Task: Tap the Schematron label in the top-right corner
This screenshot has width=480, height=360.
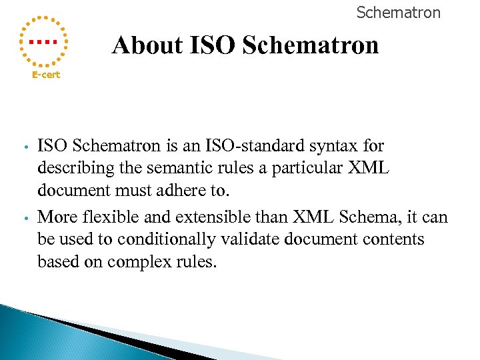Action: point(398,13)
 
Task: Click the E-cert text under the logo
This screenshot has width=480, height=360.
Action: point(46,75)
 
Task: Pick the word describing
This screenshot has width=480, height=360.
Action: point(72,168)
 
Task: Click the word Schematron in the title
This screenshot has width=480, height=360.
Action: point(311,45)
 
